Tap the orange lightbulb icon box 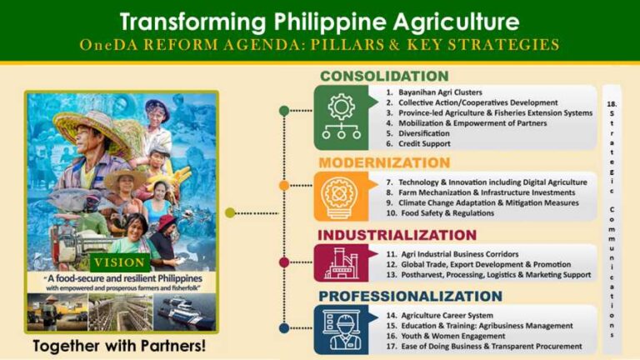point(342,196)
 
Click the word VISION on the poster point(122,261)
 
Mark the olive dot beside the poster point(230,212)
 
